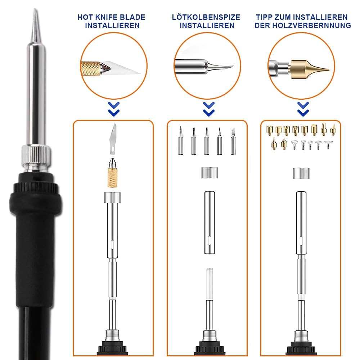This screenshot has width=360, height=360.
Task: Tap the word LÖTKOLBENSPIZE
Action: (x=206, y=17)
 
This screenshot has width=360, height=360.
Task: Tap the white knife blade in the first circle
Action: (x=121, y=68)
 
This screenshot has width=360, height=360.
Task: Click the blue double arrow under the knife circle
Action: (x=114, y=109)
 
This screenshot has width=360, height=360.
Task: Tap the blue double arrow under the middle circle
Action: (x=209, y=109)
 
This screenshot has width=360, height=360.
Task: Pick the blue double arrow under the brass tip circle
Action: (x=303, y=109)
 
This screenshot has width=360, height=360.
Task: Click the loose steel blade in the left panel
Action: (x=113, y=138)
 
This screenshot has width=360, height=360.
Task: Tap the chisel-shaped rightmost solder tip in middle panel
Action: (x=233, y=141)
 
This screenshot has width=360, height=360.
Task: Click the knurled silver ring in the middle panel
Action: (x=210, y=173)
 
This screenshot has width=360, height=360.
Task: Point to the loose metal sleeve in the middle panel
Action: (x=210, y=222)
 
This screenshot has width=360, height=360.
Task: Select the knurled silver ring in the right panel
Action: (x=301, y=173)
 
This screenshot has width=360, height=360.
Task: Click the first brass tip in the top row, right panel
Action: (x=270, y=130)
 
